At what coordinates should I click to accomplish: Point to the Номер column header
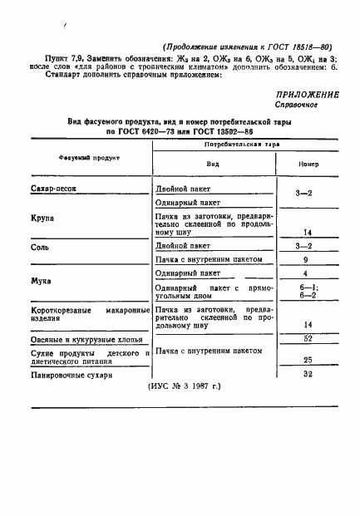308,164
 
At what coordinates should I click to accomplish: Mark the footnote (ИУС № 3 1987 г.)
191,387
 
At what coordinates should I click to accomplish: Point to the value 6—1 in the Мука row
307,286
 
